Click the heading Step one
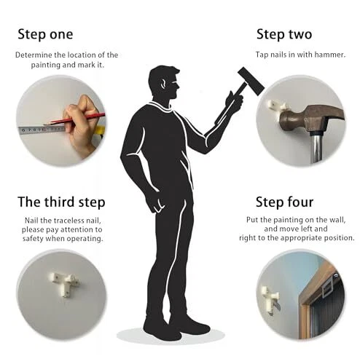click(x=45, y=34)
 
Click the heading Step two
click(x=284, y=34)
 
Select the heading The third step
click(x=61, y=202)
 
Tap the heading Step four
click(x=285, y=202)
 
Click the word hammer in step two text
click(x=330, y=55)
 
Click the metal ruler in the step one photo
click(x=42, y=130)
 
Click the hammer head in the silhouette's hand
click(x=251, y=82)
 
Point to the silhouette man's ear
click(x=163, y=84)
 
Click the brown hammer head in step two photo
click(x=310, y=119)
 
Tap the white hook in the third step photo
click(x=64, y=283)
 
